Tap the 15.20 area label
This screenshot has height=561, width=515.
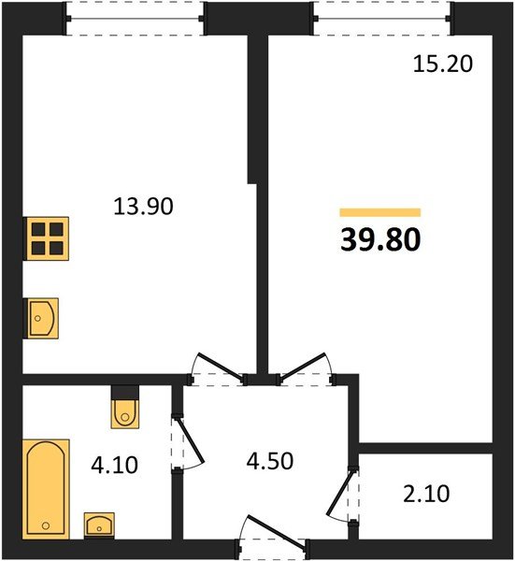pos(444,65)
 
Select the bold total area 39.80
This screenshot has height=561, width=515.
pos(379,240)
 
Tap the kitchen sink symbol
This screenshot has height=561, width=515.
pos(41,318)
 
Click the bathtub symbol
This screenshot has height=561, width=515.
pos(46,488)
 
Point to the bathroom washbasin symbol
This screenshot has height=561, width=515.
pos(99,525)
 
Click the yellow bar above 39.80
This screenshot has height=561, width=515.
pos(379,212)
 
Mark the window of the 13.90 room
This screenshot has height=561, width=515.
pos(135,19)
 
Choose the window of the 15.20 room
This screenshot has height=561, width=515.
pos(381,19)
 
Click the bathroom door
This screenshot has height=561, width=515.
pos(182,443)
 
